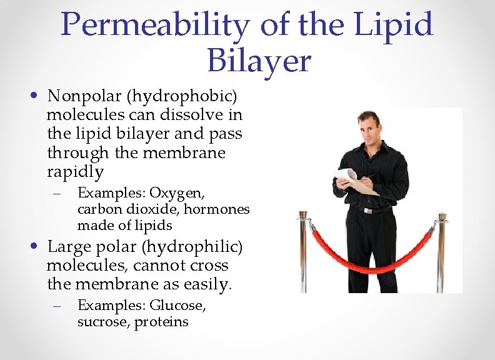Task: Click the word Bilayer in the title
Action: click(258, 61)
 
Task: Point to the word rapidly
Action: click(75, 171)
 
